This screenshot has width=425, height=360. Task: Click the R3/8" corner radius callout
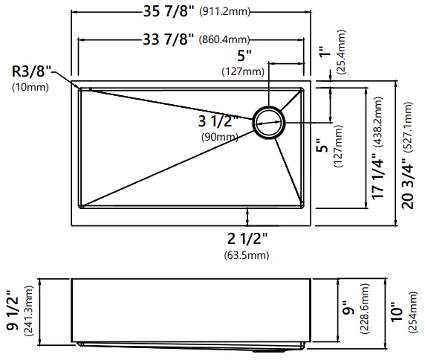coord(30,72)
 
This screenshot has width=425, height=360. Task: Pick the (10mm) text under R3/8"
coord(30,88)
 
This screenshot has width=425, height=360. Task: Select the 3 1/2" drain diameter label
coord(219,121)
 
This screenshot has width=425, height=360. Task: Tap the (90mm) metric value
coord(219,137)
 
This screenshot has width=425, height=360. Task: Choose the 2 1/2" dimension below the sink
coord(247,240)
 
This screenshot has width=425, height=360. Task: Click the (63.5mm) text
coord(247,256)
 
